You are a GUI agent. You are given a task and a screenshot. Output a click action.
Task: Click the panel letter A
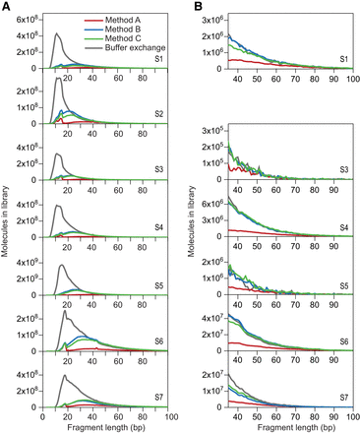point(9,6)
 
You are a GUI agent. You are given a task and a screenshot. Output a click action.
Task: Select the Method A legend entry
point(126,18)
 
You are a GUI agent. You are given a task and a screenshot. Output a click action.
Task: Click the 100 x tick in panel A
point(170,414)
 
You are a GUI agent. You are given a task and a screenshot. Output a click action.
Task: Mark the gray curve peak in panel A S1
point(56,33)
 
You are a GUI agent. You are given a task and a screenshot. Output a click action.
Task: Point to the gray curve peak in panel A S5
point(61,266)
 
